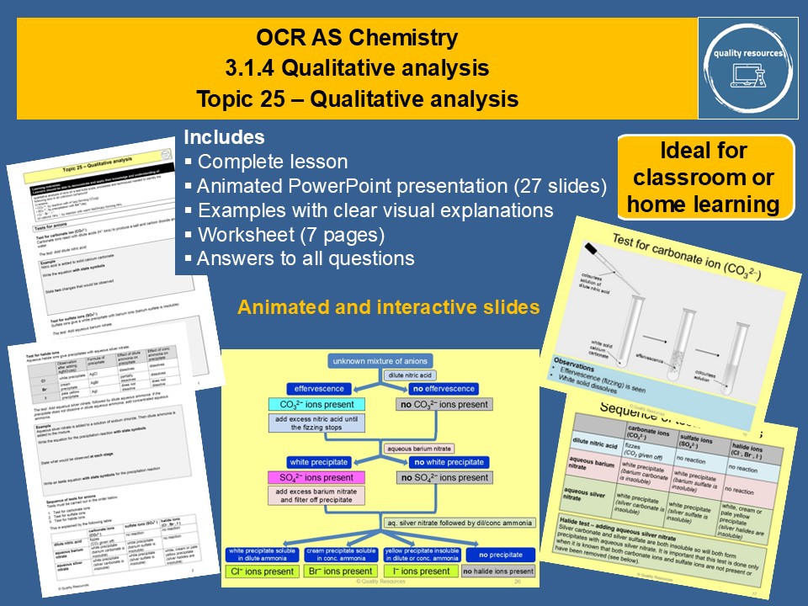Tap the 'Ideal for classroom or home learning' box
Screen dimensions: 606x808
pos(706,178)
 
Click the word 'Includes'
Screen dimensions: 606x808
pos(224,137)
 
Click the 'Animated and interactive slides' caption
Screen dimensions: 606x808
pos(388,308)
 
